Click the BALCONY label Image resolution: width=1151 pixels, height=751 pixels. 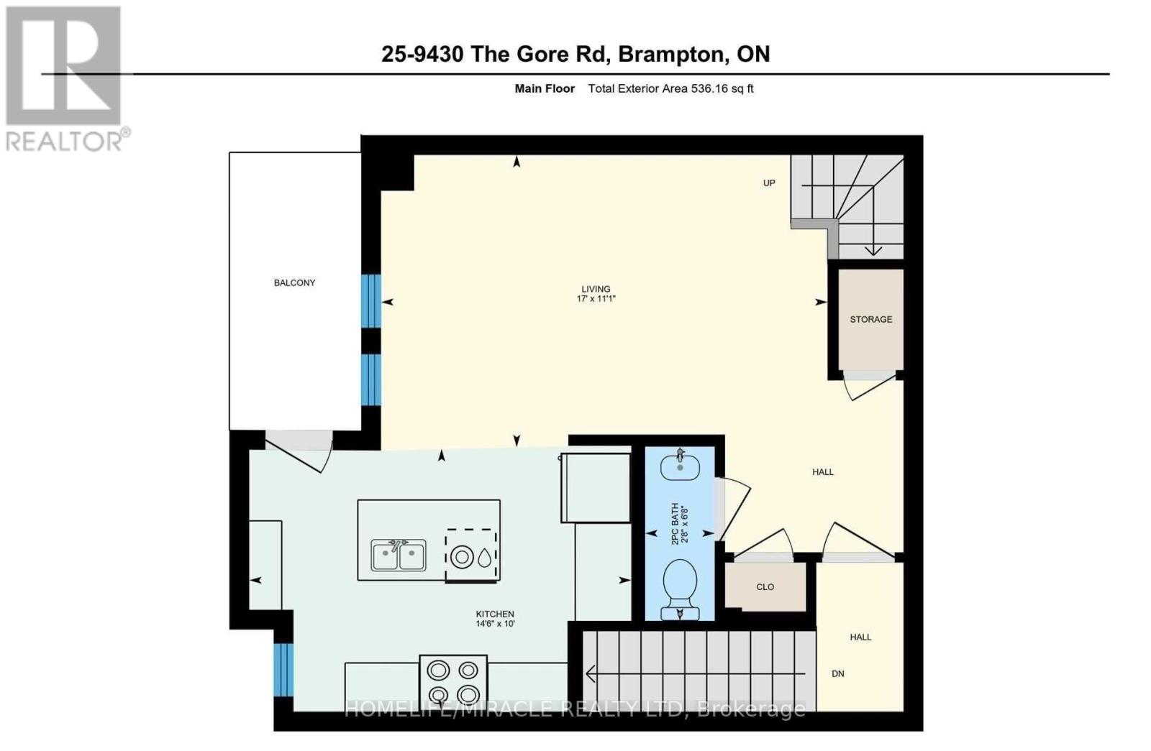[x=294, y=282]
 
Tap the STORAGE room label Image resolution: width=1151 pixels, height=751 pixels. [x=870, y=319]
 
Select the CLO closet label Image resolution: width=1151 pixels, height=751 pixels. [x=765, y=587]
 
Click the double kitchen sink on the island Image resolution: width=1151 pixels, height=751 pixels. [x=399, y=556]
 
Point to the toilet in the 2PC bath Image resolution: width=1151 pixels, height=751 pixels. [x=679, y=582]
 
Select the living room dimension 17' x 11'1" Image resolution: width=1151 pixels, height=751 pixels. [x=596, y=298]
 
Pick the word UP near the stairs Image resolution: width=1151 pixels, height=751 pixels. [x=769, y=183]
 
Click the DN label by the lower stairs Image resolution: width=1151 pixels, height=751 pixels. [x=837, y=673]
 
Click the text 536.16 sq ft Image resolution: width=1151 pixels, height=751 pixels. [x=722, y=89]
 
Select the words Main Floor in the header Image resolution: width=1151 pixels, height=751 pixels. [x=545, y=89]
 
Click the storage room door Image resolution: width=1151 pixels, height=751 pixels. [x=870, y=384]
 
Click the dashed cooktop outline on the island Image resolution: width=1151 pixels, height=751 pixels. [x=471, y=556]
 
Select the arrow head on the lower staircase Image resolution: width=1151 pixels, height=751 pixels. [x=591, y=674]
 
